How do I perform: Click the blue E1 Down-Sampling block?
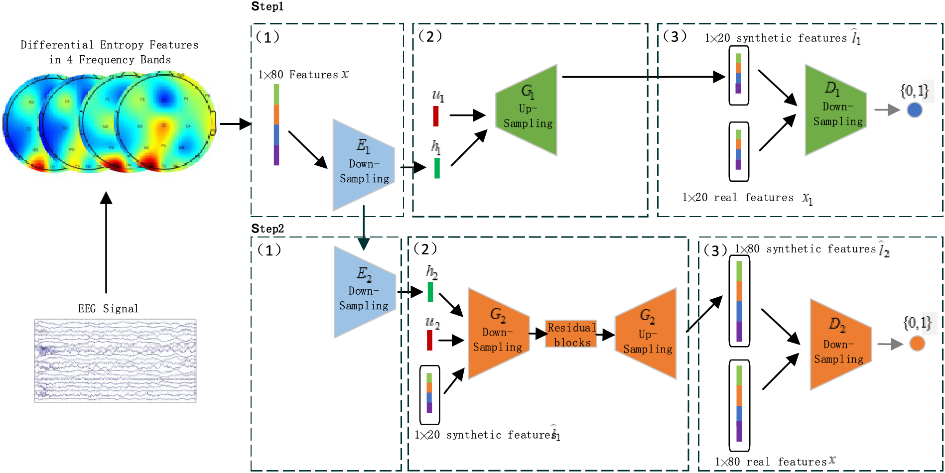pyautogui.click(x=364, y=165)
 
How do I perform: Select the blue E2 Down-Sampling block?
pyautogui.click(x=365, y=292)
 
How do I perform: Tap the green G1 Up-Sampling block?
pyautogui.click(x=527, y=110)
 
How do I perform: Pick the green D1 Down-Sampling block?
pyautogui.click(x=836, y=110)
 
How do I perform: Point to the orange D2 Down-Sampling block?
pyautogui.click(x=841, y=345)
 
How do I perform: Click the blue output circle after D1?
pyautogui.click(x=915, y=110)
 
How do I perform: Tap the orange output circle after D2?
pyautogui.click(x=917, y=344)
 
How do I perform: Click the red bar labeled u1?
pyautogui.click(x=436, y=116)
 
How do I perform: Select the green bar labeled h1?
pyautogui.click(x=437, y=168)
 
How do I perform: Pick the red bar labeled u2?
pyautogui.click(x=429, y=340)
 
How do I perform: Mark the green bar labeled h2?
pyautogui.click(x=430, y=292)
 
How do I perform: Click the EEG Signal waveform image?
pyautogui.click(x=115, y=360)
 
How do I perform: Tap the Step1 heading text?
pyautogui.click(x=268, y=6)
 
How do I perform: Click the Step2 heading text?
pyautogui.click(x=268, y=229)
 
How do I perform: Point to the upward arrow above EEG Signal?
pyautogui.click(x=106, y=242)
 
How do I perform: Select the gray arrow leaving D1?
pyautogui.click(x=887, y=110)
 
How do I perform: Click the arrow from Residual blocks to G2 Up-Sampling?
pyautogui.click(x=606, y=335)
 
